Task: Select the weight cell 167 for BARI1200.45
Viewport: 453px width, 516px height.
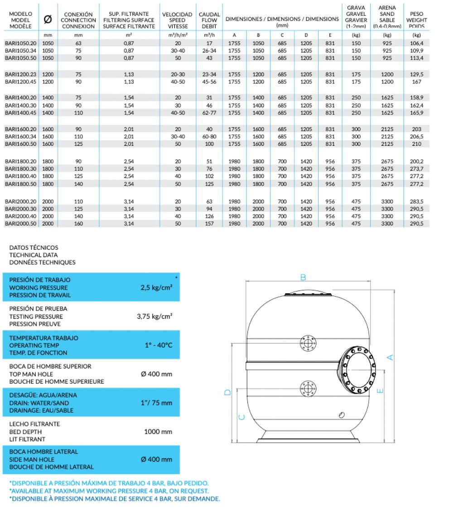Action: (x=417, y=82)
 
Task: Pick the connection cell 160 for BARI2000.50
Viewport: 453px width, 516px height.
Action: (x=78, y=223)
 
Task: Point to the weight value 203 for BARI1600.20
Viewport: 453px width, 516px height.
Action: (x=417, y=129)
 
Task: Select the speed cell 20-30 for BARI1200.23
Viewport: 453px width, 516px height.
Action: (x=178, y=74)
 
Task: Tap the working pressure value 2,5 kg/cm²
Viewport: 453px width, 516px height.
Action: (x=156, y=287)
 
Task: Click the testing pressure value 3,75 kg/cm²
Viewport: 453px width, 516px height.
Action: (x=154, y=316)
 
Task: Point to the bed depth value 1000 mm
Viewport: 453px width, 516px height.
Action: (x=158, y=432)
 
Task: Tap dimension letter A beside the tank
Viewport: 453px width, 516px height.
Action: (x=390, y=358)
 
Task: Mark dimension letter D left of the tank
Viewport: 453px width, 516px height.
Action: (x=228, y=392)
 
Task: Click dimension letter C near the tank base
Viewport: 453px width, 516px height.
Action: (x=241, y=416)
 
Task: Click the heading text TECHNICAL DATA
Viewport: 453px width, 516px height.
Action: (x=34, y=255)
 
